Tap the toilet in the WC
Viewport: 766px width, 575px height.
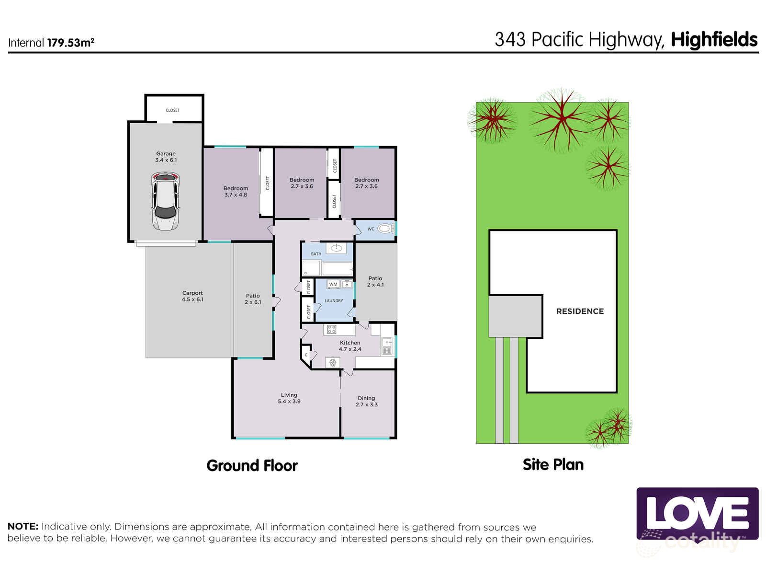[384, 229]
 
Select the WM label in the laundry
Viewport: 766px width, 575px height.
[333, 284]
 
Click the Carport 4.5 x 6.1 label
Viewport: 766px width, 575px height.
[192, 296]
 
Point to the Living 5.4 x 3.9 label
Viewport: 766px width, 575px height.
[289, 398]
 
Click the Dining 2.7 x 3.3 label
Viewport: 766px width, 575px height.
[366, 401]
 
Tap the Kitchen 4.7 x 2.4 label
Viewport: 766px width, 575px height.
[350, 345]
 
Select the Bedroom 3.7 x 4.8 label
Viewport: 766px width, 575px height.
[236, 191]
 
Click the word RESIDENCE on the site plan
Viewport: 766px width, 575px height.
[580, 311]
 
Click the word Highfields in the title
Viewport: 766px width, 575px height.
[714, 40]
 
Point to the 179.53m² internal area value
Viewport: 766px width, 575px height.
[70, 43]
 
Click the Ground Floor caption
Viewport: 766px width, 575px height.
[252, 465]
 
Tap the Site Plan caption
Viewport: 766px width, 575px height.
[553, 464]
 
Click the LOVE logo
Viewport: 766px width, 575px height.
[697, 513]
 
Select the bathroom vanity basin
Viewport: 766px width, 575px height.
[337, 248]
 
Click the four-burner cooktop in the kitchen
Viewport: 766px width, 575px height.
[331, 329]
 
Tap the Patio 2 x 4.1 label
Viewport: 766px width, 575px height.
[375, 281]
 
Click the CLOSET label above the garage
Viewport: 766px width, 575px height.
[172, 110]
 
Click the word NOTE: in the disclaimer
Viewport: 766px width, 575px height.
[23, 527]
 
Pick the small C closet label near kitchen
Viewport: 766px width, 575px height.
[306, 355]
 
